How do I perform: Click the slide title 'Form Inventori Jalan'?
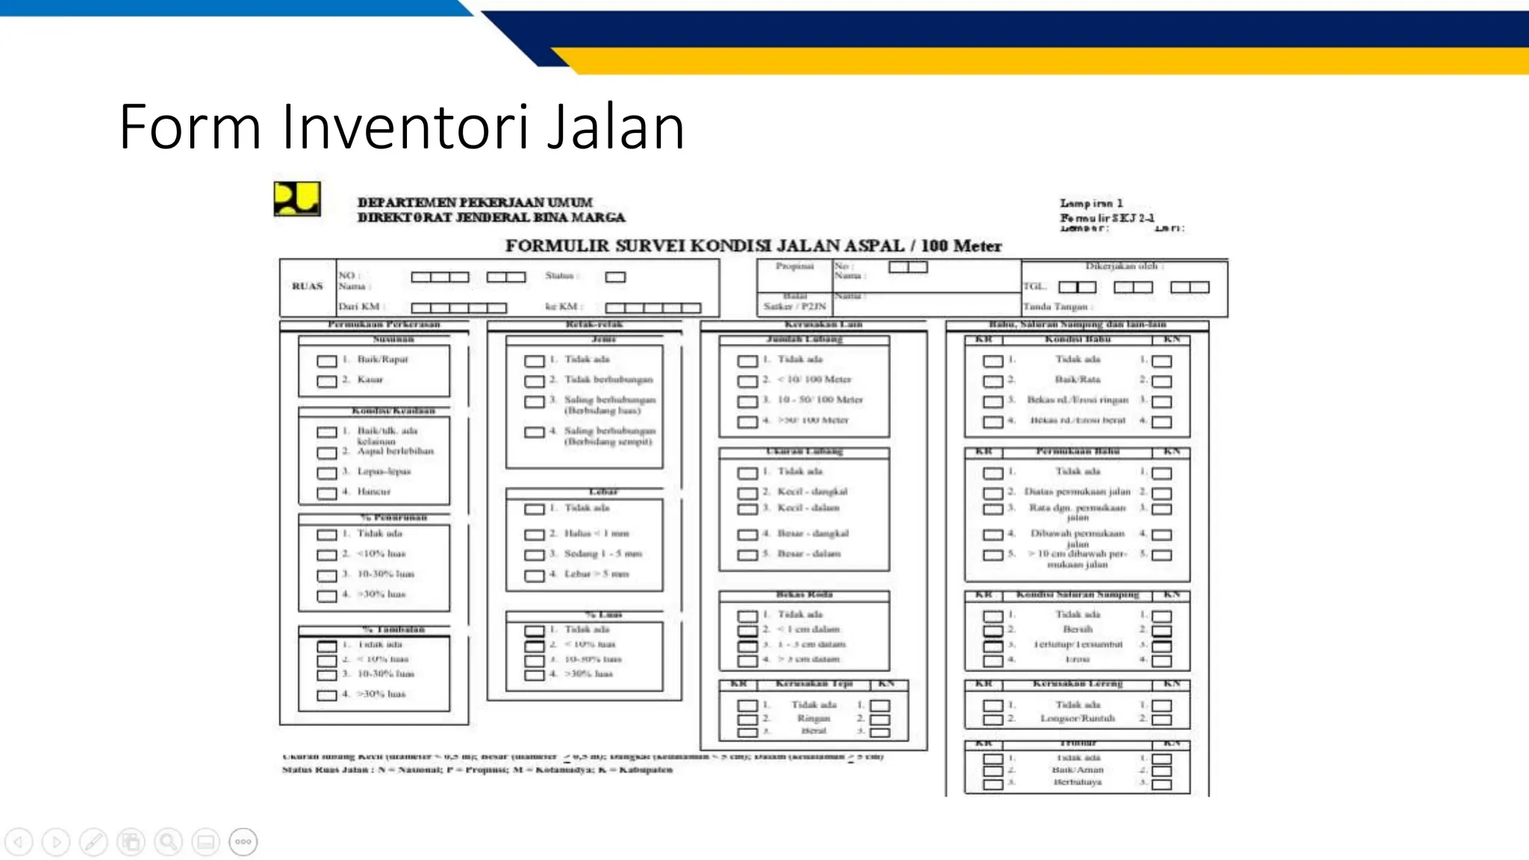pyautogui.click(x=402, y=127)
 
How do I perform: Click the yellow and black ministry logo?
pyautogui.click(x=297, y=199)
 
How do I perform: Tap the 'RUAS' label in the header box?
pyautogui.click(x=307, y=286)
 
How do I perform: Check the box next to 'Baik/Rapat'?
pyautogui.click(x=327, y=361)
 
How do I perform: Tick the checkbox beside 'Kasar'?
pyautogui.click(x=327, y=381)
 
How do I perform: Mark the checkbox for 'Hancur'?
pyautogui.click(x=327, y=493)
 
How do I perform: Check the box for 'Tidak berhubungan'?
pyautogui.click(x=534, y=381)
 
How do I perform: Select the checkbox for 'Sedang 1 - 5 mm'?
pyautogui.click(x=534, y=555)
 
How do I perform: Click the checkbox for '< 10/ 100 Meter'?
pyautogui.click(x=747, y=381)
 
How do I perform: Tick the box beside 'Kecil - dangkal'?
pyautogui.click(x=747, y=493)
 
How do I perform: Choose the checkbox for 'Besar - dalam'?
pyautogui.click(x=747, y=555)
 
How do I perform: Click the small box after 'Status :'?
pyautogui.click(x=615, y=277)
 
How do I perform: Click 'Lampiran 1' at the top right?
pyautogui.click(x=1091, y=203)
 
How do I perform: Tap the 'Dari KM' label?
pyautogui.click(x=360, y=307)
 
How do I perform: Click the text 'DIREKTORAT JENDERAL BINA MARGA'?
pyautogui.click(x=491, y=217)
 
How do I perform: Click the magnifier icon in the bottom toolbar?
pyautogui.click(x=168, y=842)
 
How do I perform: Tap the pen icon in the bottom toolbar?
pyautogui.click(x=93, y=842)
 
